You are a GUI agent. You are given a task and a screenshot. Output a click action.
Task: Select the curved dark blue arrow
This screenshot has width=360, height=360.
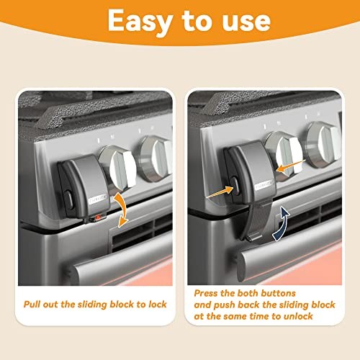[282, 224]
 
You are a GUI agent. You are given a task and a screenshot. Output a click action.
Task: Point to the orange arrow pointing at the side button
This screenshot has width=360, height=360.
[220, 192]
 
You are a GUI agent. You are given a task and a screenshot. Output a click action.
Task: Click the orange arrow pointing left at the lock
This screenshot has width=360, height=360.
[291, 166]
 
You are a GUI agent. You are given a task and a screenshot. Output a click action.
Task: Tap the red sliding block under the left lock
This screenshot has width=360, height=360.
[97, 218]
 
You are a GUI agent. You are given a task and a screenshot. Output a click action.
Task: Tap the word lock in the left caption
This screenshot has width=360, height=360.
[158, 304]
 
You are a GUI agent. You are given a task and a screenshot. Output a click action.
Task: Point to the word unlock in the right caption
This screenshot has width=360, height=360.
[298, 316]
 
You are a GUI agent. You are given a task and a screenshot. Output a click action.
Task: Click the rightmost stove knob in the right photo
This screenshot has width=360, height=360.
[323, 145]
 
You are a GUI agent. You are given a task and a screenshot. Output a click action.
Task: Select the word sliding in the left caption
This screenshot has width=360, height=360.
[92, 305]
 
